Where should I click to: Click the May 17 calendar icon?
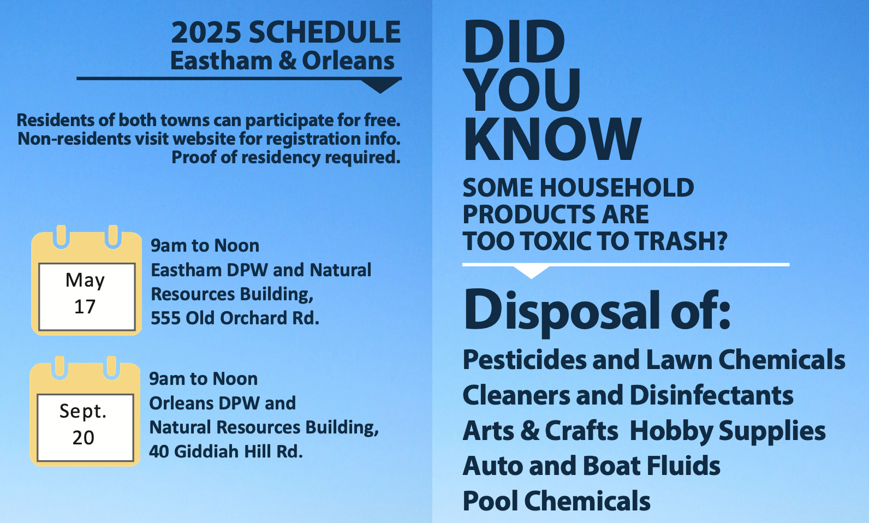pyautogui.click(x=86, y=280)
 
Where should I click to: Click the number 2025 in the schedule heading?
pyautogui.click(x=206, y=32)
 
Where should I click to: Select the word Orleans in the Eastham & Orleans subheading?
pyautogui.click(x=348, y=61)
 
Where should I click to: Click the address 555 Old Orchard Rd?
pyautogui.click(x=235, y=318)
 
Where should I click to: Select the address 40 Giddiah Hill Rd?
pyautogui.click(x=226, y=451)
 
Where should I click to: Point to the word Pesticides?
pyautogui.click(x=525, y=360)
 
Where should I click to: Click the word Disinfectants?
pyautogui.click(x=711, y=395)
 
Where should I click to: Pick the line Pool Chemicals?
pyautogui.click(x=556, y=501)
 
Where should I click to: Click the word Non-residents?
pyautogui.click(x=74, y=139)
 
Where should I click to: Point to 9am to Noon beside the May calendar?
pyautogui.click(x=205, y=246)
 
